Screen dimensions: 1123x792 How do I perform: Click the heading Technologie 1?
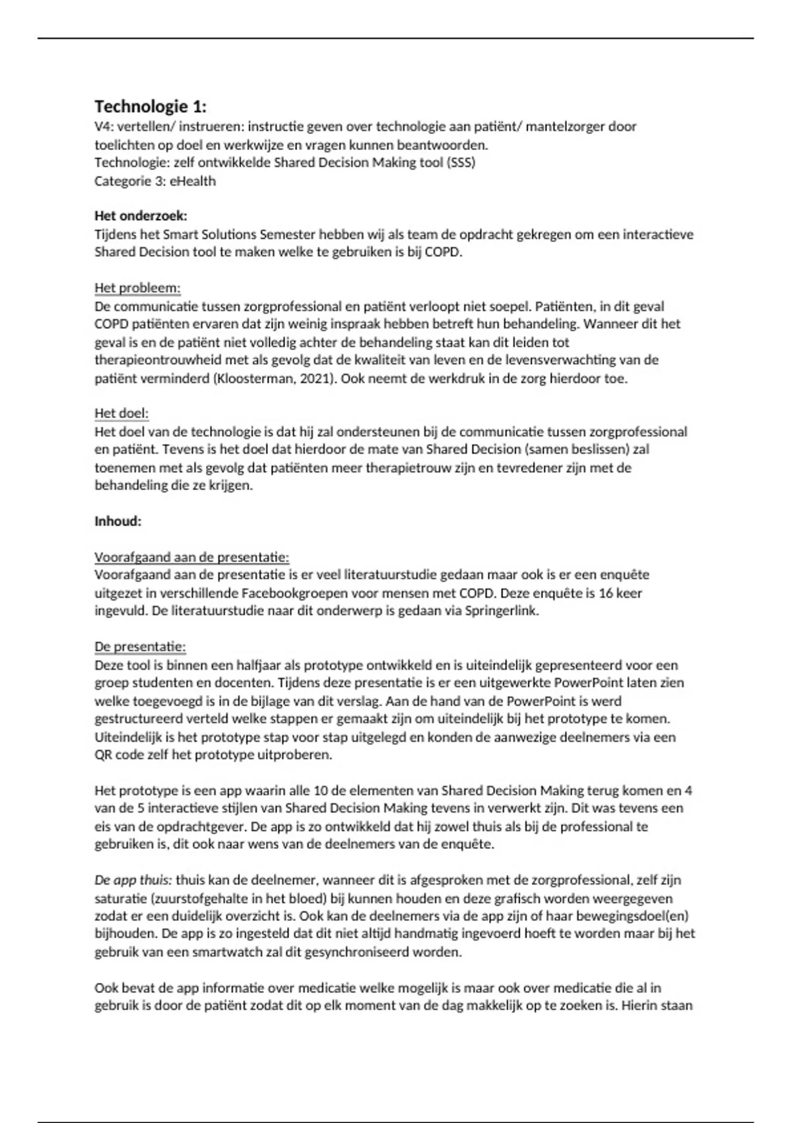[x=150, y=106]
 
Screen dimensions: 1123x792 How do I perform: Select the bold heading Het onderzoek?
[x=141, y=216]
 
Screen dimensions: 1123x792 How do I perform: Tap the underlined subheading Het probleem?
[x=137, y=288]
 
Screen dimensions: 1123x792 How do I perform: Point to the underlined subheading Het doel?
[x=121, y=414]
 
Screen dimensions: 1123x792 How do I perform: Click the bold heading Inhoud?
[x=118, y=521]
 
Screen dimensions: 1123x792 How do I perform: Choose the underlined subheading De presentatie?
[x=140, y=647]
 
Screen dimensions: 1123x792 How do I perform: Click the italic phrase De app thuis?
[x=133, y=880]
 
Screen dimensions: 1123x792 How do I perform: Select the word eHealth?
[x=193, y=181]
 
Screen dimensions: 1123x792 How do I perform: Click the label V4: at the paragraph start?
[x=104, y=126]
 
